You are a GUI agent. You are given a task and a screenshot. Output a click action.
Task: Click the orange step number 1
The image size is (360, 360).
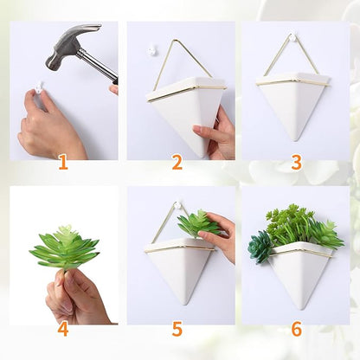tap(62, 162)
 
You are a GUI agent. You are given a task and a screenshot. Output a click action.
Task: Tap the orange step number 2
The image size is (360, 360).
tap(177, 162)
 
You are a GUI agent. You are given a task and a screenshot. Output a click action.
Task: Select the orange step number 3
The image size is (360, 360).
tap(296, 162)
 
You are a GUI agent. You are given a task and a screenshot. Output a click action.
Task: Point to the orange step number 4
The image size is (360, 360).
tap(62, 329)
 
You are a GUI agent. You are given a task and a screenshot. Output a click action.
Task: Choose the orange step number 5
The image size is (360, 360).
tap(177, 329)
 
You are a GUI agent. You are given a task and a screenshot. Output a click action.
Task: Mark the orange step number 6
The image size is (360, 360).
tap(296, 329)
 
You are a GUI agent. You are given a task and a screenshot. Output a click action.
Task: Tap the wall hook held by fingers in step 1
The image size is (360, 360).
tap(38, 86)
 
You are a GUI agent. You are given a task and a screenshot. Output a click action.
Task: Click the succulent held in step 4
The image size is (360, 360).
tap(65, 248)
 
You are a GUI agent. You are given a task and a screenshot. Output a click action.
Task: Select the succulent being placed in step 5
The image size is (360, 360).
tap(198, 224)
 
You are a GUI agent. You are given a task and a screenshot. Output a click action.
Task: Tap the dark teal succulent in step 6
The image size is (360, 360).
tap(260, 246)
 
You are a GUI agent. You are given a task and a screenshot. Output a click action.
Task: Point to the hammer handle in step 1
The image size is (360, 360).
tap(98, 66)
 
